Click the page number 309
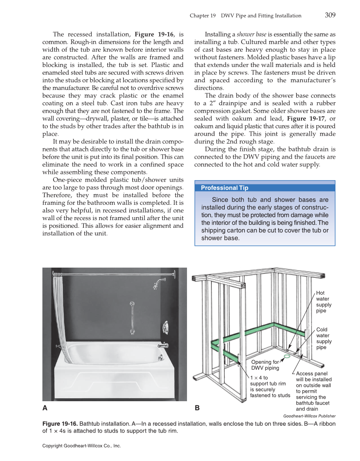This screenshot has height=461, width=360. (330, 15)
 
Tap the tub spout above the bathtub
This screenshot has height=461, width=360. (164, 345)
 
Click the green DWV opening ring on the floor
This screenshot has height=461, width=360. (287, 357)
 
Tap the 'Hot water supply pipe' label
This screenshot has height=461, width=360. (324, 302)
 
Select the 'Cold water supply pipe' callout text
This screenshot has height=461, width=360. (324, 338)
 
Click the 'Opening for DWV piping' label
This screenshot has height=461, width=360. (265, 365)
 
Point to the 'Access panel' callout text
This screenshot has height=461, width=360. (313, 391)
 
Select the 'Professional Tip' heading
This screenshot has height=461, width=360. (224, 188)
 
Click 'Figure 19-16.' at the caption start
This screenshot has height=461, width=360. (60, 424)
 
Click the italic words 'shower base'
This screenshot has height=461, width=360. (251, 34)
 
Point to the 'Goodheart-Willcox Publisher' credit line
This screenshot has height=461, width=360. (309, 416)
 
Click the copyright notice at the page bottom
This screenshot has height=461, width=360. (81, 446)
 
